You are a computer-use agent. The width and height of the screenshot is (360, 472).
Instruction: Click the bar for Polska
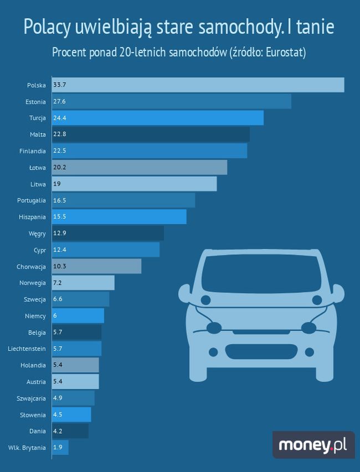pos(198,85)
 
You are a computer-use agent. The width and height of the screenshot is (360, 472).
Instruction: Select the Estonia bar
pos(171,101)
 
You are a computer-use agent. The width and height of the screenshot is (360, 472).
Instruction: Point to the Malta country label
pos(38,134)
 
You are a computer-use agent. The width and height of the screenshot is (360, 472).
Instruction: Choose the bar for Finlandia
pos(150,151)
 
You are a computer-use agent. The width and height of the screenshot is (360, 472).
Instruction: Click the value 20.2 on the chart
pos(60,167)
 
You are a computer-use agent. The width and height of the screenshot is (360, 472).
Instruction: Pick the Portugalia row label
pos(32,200)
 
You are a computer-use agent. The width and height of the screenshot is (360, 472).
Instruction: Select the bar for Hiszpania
pos(119,216)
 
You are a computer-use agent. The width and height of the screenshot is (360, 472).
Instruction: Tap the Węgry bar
pos(108,233)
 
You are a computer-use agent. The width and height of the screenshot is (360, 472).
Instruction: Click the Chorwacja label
pos(31,266)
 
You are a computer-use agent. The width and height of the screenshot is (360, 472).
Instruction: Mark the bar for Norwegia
pos(83,283)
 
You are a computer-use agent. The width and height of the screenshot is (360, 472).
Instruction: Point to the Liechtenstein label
pos(27,349)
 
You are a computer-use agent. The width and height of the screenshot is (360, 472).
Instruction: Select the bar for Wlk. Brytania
pos(60,447)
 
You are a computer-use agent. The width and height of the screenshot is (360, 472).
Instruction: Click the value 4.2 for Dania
pos(58,430)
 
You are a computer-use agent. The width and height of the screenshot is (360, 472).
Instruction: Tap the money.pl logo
pos(313,445)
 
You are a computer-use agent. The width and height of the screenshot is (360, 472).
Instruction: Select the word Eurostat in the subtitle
pos(284,53)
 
